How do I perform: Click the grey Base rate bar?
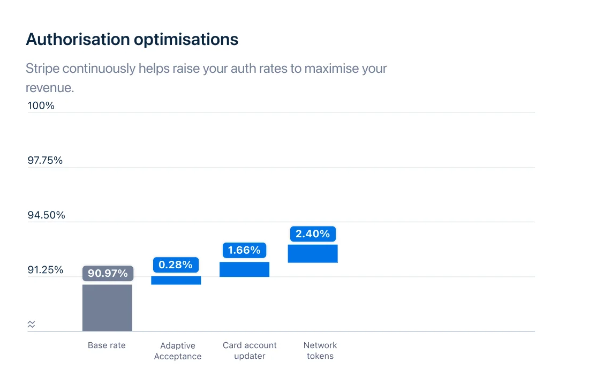(107, 307)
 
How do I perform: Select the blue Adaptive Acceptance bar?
(176, 280)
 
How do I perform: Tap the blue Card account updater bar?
(244, 269)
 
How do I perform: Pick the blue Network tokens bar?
(313, 253)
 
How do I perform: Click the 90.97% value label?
(108, 274)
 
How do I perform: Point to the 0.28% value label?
(176, 265)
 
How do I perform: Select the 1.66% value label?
(244, 250)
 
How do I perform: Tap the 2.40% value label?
(313, 234)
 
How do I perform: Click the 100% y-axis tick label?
(41, 105)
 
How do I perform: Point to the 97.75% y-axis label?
(45, 160)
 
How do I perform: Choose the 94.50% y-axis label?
(46, 215)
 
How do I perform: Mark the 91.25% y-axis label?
(45, 269)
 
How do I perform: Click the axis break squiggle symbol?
(31, 324)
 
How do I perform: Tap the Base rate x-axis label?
(107, 345)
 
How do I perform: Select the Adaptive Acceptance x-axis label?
(178, 351)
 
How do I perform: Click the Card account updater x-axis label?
(250, 351)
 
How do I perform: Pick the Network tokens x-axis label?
(320, 351)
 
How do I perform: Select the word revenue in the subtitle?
(49, 87)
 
